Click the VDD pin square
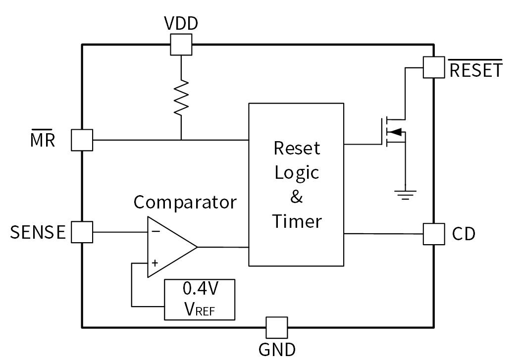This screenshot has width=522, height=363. tap(181, 45)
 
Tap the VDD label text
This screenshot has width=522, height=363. tap(181, 24)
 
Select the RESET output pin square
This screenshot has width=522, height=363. tap(434, 67)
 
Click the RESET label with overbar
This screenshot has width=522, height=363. tap(475, 70)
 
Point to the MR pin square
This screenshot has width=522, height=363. tap(82, 140)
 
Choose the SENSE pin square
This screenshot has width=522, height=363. tap(82, 232)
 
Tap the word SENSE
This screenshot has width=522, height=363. tap(38, 232)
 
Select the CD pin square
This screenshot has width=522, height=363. tap(434, 234)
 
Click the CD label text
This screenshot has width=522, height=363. tap(464, 234)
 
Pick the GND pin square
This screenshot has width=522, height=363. tap(276, 327)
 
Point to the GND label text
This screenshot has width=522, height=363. tap(277, 350)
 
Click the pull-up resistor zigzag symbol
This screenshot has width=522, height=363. tap(181, 97)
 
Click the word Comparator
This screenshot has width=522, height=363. tap(185, 202)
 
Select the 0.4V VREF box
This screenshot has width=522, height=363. tap(200, 300)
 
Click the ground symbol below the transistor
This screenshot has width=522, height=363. tap(406, 195)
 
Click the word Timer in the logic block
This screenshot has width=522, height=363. tap(297, 221)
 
